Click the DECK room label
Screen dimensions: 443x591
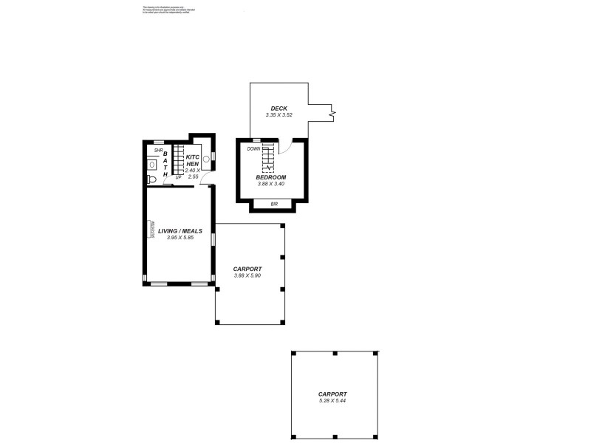click(x=279, y=109)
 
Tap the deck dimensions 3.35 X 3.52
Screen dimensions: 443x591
click(x=279, y=115)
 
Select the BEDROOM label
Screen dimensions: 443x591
click(x=270, y=178)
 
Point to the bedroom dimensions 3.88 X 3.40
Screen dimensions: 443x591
click(x=270, y=185)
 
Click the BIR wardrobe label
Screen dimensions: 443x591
click(x=274, y=203)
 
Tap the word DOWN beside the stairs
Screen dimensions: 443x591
click(x=253, y=149)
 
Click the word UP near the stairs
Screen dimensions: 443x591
click(x=178, y=178)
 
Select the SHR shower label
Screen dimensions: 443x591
click(x=158, y=151)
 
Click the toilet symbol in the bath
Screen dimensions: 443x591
click(x=152, y=179)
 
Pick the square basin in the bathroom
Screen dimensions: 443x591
click(x=152, y=166)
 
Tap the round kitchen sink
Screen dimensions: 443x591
click(x=206, y=158)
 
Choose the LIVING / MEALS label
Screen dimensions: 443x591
click(x=180, y=231)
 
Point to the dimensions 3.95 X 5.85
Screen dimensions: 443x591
click(x=180, y=238)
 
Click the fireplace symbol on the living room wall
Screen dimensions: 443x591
click(x=152, y=230)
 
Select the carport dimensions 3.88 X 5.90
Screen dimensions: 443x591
click(x=247, y=275)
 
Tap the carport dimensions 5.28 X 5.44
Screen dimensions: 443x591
click(x=332, y=400)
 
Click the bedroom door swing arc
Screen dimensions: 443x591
click(x=290, y=146)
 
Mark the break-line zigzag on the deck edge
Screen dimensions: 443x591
click(x=333, y=114)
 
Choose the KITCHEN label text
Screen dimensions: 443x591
click(x=192, y=160)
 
